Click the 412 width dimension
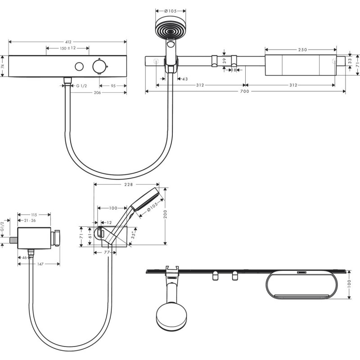click(68, 41)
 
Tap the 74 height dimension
click(3, 66)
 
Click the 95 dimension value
click(113, 85)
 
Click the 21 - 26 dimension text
click(30, 220)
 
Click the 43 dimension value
click(185, 79)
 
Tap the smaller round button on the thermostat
click(79, 67)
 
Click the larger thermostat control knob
click(99, 67)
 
